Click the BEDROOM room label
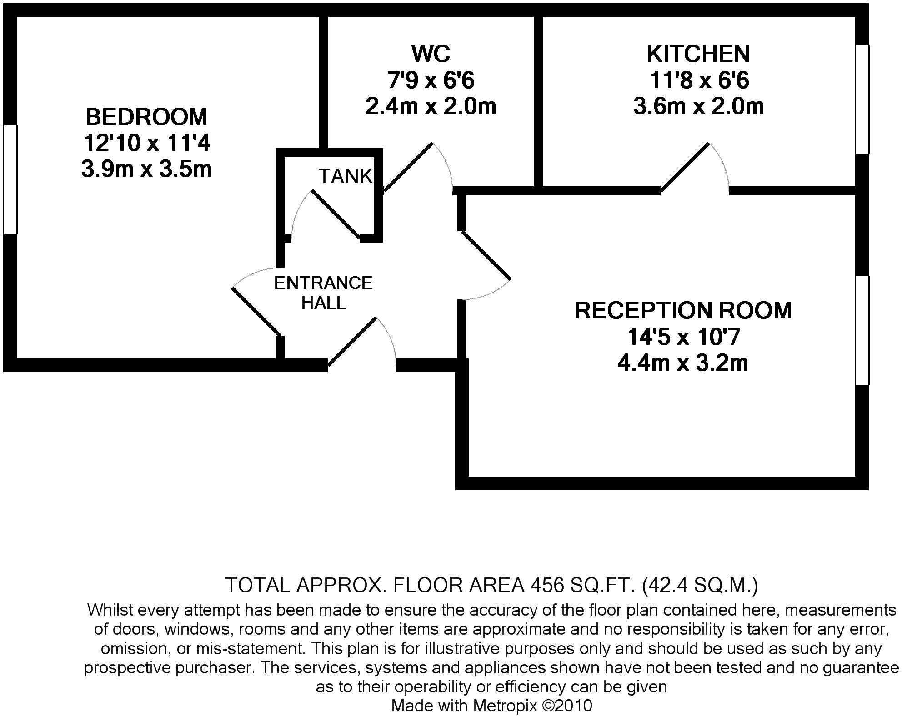tap(146, 117)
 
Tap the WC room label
tap(431, 54)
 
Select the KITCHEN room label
tap(698, 54)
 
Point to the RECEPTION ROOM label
tap(683, 310)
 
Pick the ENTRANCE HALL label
tap(323, 293)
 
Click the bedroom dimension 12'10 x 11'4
tap(146, 144)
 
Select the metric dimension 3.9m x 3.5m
tap(146, 169)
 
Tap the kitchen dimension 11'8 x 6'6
tap(698, 80)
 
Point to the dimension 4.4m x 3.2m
tap(683, 363)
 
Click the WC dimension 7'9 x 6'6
tap(431, 80)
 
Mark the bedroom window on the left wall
tap(10, 180)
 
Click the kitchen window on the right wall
tap(862, 100)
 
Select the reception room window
tap(862, 331)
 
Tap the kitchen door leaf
tap(685, 167)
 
